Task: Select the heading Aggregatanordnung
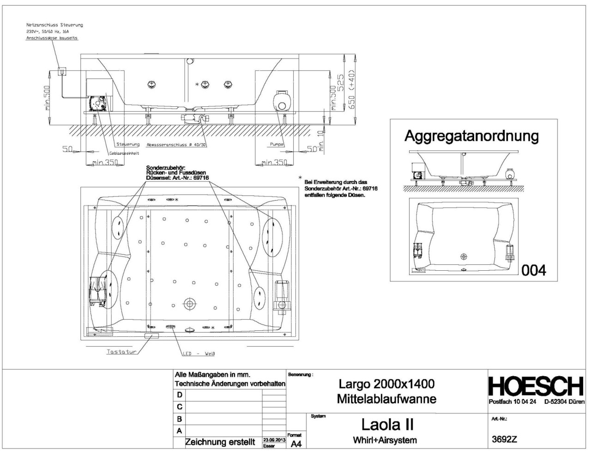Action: coord(471,136)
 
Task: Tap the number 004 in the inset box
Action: coord(533,270)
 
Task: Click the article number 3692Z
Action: coord(505,439)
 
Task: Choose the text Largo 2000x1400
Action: coord(386,384)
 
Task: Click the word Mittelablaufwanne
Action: coord(386,399)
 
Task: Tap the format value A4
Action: coord(296,444)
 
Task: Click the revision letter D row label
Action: coord(180,395)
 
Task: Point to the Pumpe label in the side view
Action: coord(276,144)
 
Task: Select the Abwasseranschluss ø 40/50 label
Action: coord(176,145)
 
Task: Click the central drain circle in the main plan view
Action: coord(189,304)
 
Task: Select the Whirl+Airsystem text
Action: coord(385,440)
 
